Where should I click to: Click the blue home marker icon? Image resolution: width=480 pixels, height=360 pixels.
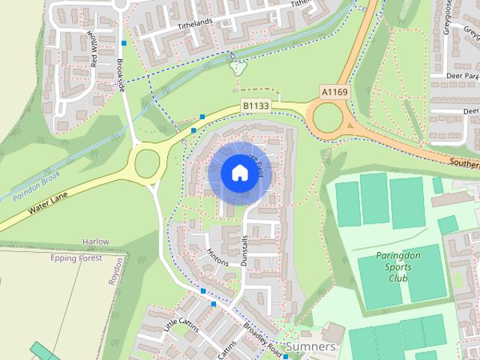point(238,172)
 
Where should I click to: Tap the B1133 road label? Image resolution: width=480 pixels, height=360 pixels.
point(255,107)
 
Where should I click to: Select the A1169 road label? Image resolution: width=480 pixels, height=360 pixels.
point(334,91)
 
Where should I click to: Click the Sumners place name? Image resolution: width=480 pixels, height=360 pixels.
point(310,348)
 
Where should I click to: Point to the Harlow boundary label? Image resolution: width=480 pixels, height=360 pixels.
point(95,242)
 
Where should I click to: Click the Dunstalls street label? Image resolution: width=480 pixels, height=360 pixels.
point(244,247)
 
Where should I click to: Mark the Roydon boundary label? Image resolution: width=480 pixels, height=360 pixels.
point(115,269)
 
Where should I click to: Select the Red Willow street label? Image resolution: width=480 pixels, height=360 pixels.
point(94,49)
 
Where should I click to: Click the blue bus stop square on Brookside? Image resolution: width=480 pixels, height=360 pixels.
point(123,43)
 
